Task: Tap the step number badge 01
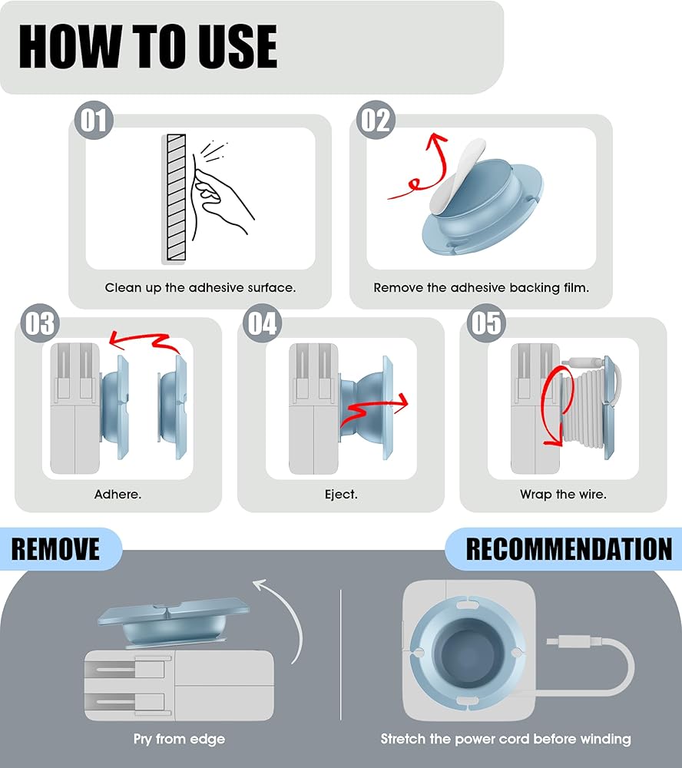pyautogui.click(x=94, y=120)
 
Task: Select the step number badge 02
pyautogui.click(x=376, y=120)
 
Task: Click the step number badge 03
pyautogui.click(x=40, y=323)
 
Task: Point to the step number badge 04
pyautogui.click(x=262, y=323)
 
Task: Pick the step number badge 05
pyautogui.click(x=486, y=323)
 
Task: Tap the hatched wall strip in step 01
pyautogui.click(x=176, y=197)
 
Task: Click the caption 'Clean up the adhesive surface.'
pyautogui.click(x=200, y=287)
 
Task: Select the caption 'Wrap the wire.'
pyautogui.click(x=564, y=494)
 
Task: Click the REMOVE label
pyautogui.click(x=55, y=548)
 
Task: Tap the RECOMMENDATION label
pyautogui.click(x=569, y=548)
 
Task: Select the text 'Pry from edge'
pyautogui.click(x=179, y=739)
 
